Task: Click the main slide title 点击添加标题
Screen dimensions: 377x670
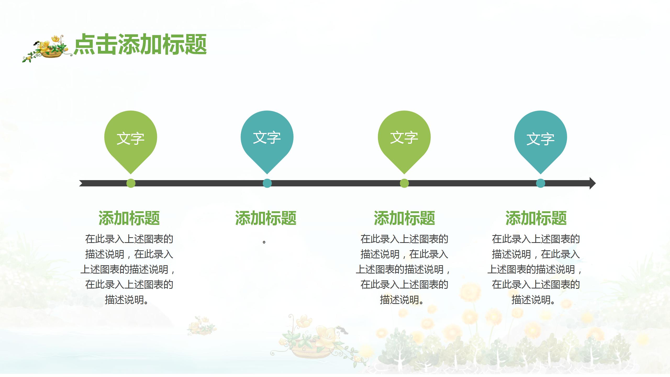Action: pos(140,45)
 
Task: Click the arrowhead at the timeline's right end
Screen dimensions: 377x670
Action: pos(592,183)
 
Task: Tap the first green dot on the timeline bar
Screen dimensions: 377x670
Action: pos(131,183)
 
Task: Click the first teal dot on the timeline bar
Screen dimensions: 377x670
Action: pos(267,183)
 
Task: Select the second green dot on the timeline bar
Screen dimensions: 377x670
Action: pos(404,183)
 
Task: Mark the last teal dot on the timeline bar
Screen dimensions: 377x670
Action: pos(541,183)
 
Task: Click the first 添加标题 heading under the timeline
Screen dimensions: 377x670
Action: pos(129,218)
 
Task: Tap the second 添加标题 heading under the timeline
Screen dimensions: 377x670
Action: pos(266,218)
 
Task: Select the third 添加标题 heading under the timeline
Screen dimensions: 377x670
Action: pos(404,218)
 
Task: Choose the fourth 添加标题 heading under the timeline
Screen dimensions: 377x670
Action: pos(536,218)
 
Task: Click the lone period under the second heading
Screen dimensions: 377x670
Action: pos(264,241)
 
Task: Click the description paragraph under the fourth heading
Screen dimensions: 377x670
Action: pos(535,269)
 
